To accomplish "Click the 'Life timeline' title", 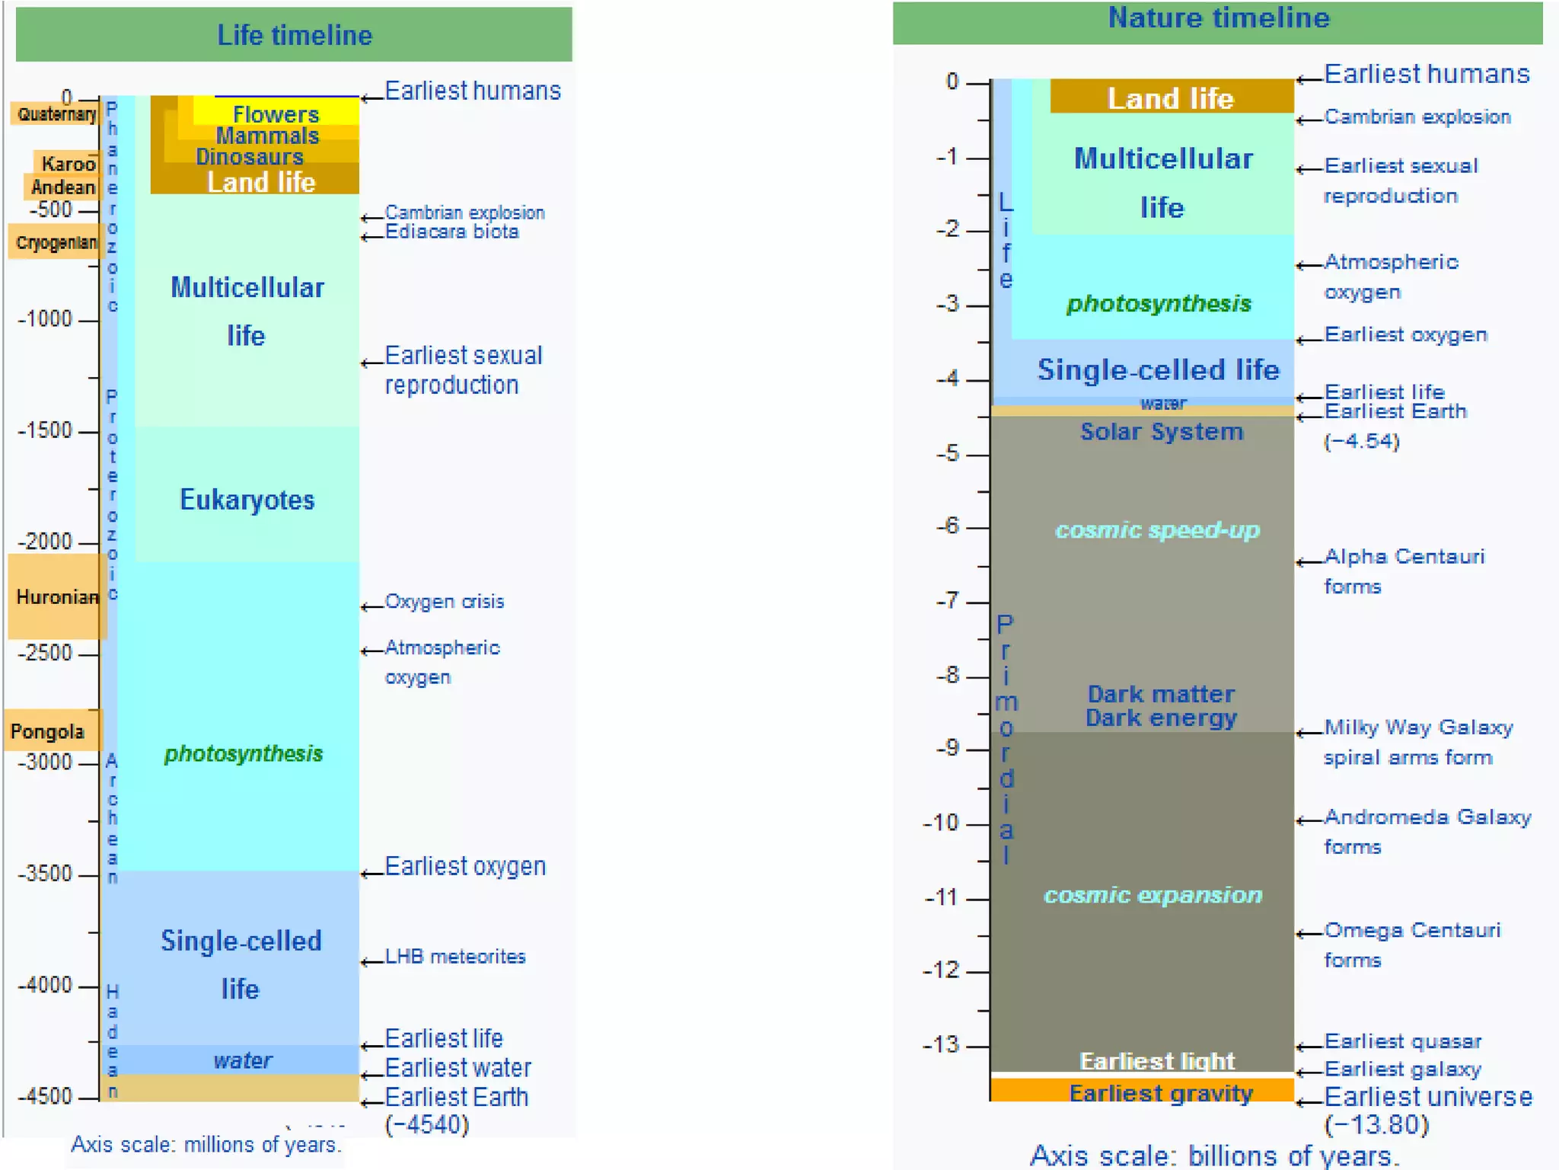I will tap(295, 35).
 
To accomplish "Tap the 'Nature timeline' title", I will tap(1218, 18).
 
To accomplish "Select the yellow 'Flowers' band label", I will tap(276, 114).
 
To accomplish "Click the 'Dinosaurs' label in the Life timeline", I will tap(250, 157).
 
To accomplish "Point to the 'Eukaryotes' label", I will tap(247, 500).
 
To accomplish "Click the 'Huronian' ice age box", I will tap(56, 596).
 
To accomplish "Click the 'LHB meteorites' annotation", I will tap(455, 957).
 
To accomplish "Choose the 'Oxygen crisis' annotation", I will tap(445, 602).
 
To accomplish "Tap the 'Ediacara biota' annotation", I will tap(451, 232).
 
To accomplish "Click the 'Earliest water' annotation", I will tap(457, 1068).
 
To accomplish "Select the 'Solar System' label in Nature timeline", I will tap(1162, 432).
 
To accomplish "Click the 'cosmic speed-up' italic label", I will tap(1157, 530).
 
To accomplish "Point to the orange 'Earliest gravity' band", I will tap(1160, 1093).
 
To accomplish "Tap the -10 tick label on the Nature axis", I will tap(943, 823).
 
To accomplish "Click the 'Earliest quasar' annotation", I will tap(1402, 1041).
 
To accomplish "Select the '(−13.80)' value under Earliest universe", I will tap(1376, 1125).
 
